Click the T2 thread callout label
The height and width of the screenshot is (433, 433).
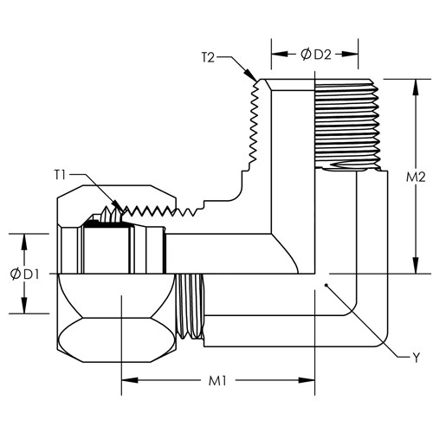(208, 58)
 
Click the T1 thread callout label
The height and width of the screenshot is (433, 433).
(60, 175)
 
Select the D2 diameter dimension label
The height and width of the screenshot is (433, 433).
(322, 55)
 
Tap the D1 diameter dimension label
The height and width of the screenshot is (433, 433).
(31, 275)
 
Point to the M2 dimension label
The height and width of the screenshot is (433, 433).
(416, 177)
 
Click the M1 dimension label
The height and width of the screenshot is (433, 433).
(217, 381)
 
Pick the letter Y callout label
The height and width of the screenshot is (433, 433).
(416, 358)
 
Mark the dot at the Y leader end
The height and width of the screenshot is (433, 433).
(326, 285)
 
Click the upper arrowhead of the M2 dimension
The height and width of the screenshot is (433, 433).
(416, 87)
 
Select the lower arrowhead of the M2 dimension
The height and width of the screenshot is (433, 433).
(416, 265)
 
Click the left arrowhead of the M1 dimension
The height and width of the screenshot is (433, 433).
(130, 380)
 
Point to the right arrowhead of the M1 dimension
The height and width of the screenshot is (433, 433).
(307, 380)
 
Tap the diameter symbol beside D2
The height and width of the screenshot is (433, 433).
(306, 55)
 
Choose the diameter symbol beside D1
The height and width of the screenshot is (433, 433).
(15, 275)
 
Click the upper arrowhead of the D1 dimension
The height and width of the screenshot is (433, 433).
(24, 242)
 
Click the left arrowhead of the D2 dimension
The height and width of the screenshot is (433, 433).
(280, 54)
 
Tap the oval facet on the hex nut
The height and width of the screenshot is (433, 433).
(116, 339)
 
